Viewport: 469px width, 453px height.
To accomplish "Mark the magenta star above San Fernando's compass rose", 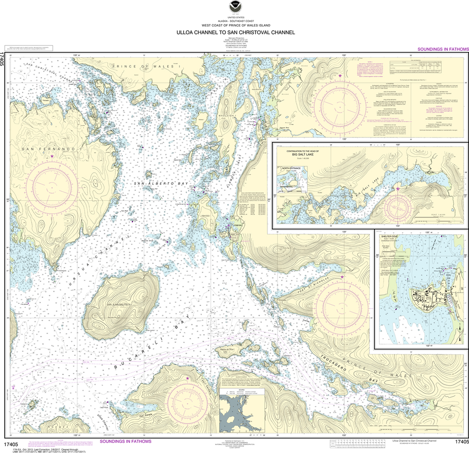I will tap(52, 157).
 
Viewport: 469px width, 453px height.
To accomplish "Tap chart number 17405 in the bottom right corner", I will tap(459, 442).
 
